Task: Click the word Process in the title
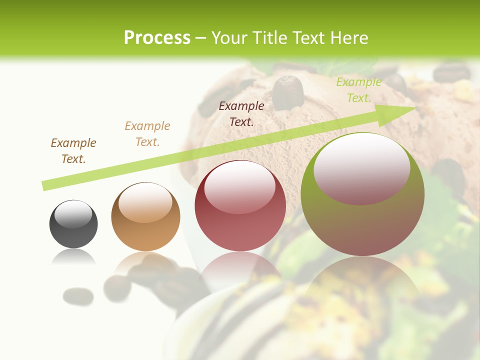coord(157,38)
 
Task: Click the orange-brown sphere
coord(145,217)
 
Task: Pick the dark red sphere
coord(240,206)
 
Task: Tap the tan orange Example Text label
coord(147,134)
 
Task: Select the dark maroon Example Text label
coord(241,113)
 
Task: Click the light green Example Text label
coord(358,90)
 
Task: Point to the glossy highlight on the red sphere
coord(239,186)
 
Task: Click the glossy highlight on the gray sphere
coord(73,214)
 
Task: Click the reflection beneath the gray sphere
coord(73,257)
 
